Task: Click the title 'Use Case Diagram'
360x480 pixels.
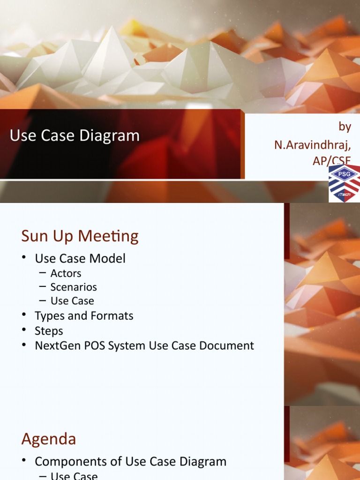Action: click(x=75, y=136)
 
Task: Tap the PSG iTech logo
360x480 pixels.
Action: click(x=345, y=183)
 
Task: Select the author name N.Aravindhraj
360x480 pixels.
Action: click(x=313, y=145)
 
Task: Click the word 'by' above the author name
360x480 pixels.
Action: click(x=345, y=127)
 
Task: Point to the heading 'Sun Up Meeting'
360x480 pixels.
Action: click(x=80, y=236)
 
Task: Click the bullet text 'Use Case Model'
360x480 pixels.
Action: click(x=80, y=258)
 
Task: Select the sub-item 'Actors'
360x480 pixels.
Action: click(x=66, y=273)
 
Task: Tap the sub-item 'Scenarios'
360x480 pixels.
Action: click(x=74, y=287)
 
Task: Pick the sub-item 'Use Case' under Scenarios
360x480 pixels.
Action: click(x=72, y=300)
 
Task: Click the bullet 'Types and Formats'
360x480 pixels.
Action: click(x=84, y=316)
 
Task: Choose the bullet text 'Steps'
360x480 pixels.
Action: click(x=49, y=331)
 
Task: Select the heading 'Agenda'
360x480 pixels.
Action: click(x=49, y=439)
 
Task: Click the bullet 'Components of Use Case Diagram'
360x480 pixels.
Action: click(x=130, y=461)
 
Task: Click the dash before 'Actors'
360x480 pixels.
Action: click(x=43, y=273)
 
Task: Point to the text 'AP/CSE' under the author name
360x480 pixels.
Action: click(x=332, y=160)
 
